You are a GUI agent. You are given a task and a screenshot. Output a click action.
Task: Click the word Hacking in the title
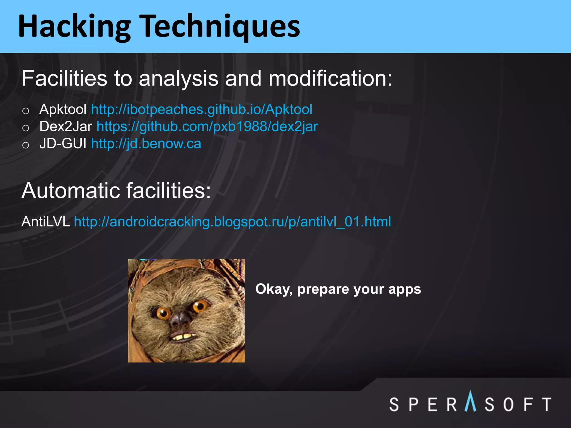coord(74,26)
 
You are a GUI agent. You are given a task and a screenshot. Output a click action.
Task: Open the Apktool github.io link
coord(202,109)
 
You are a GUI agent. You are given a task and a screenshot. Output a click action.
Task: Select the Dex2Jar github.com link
coord(207,127)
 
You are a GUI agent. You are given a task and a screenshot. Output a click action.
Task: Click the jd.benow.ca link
coord(146,144)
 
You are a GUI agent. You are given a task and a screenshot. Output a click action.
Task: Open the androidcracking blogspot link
coord(232,222)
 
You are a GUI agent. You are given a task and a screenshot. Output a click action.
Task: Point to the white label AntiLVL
coord(45,222)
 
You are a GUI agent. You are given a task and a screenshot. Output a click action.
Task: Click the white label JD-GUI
coord(63,144)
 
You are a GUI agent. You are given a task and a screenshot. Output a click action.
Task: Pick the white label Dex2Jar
coord(66,127)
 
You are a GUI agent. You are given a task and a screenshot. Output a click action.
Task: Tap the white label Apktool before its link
coord(63,109)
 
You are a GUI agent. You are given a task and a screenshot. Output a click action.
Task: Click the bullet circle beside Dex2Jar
coord(26,128)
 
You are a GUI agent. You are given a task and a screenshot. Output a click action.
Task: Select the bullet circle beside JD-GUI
coord(26,145)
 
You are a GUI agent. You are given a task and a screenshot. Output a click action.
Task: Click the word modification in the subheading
coord(330,78)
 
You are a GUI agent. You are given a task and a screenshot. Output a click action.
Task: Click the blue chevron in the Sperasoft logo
coord(470,401)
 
